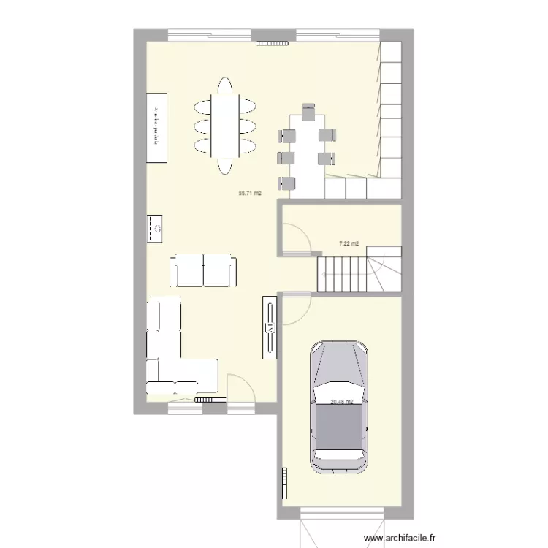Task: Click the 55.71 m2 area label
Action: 250,194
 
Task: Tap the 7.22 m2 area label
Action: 348,243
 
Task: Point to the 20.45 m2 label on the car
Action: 342,401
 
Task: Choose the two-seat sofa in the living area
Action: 204,271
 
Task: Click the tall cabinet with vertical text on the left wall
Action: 156,128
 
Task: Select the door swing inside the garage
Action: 296,309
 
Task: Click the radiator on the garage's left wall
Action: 282,484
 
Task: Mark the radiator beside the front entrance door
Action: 208,400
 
